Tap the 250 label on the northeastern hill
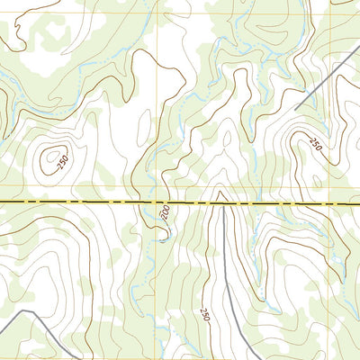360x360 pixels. point(315,144)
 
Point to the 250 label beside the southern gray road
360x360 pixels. point(204,314)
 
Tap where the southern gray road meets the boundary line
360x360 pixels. point(223,203)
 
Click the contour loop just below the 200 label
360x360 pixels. point(162,236)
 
